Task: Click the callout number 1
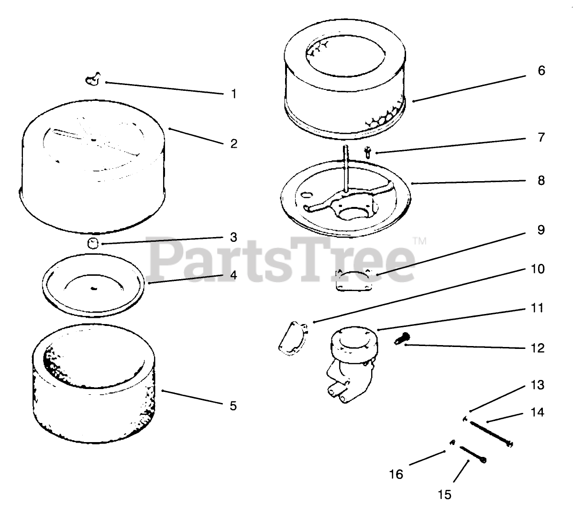coord(234,94)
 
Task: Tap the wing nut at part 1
coord(93,80)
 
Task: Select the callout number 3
coord(233,238)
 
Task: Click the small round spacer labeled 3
coord(94,242)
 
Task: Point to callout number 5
coord(233,406)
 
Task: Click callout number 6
coord(541,70)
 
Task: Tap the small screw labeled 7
coord(368,152)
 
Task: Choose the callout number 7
coord(541,137)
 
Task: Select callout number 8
coord(541,180)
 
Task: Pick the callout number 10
coord(538,269)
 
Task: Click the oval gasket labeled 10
coord(293,338)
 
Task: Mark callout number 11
coord(538,308)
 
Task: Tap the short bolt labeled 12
coord(402,338)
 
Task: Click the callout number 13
coord(538,385)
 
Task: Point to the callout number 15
coord(445,495)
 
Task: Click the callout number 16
coord(396,474)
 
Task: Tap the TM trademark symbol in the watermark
coord(420,241)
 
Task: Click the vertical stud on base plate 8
coord(345,168)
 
